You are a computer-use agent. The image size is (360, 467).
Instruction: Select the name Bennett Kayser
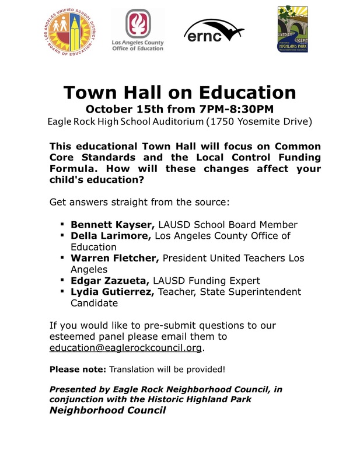[x=111, y=224]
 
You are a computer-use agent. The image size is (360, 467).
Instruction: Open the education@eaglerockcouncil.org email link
[x=126, y=348]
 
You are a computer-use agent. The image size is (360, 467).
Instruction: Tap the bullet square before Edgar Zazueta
[x=61, y=280]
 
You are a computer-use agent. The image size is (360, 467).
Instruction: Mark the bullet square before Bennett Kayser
[x=61, y=224]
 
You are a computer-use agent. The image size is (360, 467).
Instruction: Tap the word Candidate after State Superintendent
[x=94, y=303]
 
